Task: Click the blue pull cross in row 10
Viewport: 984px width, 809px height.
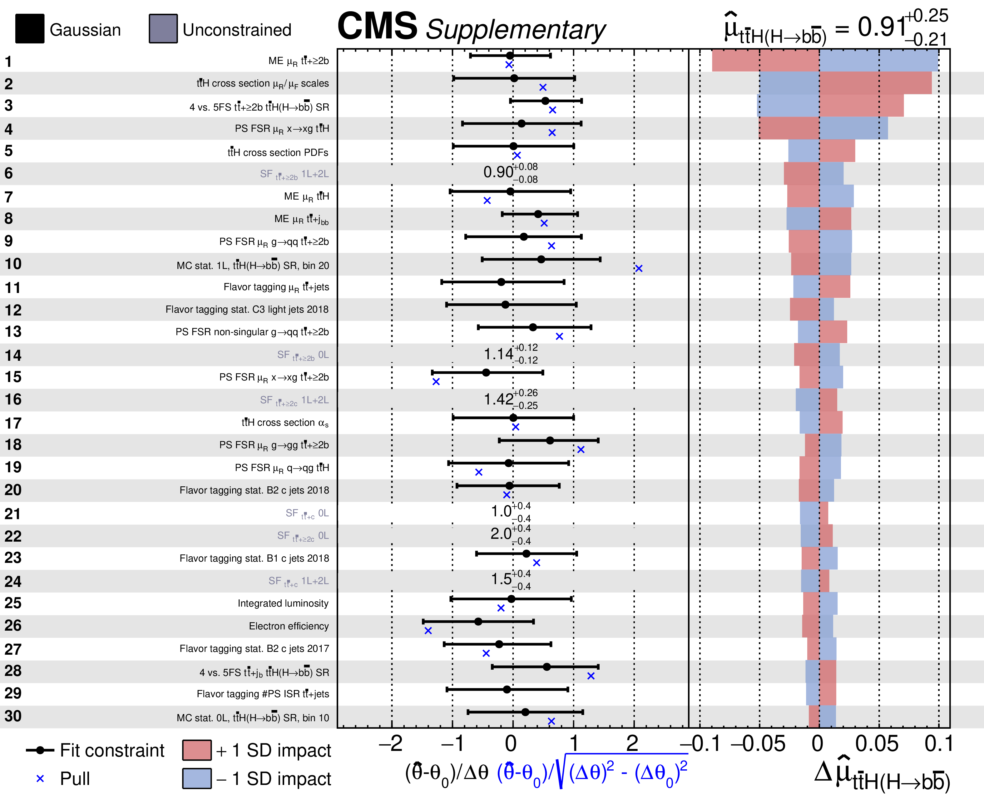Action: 639,268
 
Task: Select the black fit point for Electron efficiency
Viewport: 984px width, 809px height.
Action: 478,622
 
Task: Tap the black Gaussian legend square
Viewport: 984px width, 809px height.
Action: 30,29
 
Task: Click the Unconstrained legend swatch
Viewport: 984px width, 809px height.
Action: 163,29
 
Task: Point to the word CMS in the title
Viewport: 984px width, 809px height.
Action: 377,26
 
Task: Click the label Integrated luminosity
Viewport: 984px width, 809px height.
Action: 283,603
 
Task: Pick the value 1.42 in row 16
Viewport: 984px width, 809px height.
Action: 498,400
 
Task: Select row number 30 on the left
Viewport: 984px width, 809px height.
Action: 13,716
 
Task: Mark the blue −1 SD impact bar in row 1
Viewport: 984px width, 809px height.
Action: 879,61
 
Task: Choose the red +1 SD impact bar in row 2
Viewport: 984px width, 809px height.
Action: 875,83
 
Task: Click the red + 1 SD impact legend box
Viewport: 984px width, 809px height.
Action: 197,750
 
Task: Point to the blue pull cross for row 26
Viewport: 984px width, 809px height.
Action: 428,631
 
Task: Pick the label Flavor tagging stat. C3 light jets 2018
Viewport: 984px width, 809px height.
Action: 247,310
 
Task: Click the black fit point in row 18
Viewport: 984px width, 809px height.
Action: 550,440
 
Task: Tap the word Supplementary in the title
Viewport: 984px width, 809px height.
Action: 515,30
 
